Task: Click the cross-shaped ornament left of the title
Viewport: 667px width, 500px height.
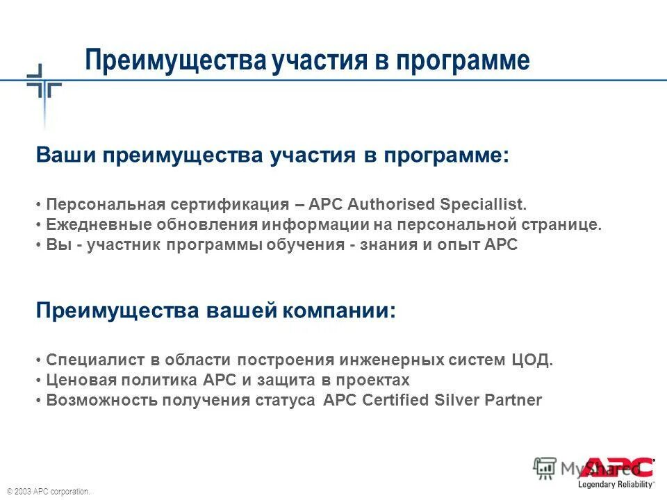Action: point(44,87)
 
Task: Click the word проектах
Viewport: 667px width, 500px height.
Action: point(376,380)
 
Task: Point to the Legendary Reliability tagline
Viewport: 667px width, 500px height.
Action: point(617,483)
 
